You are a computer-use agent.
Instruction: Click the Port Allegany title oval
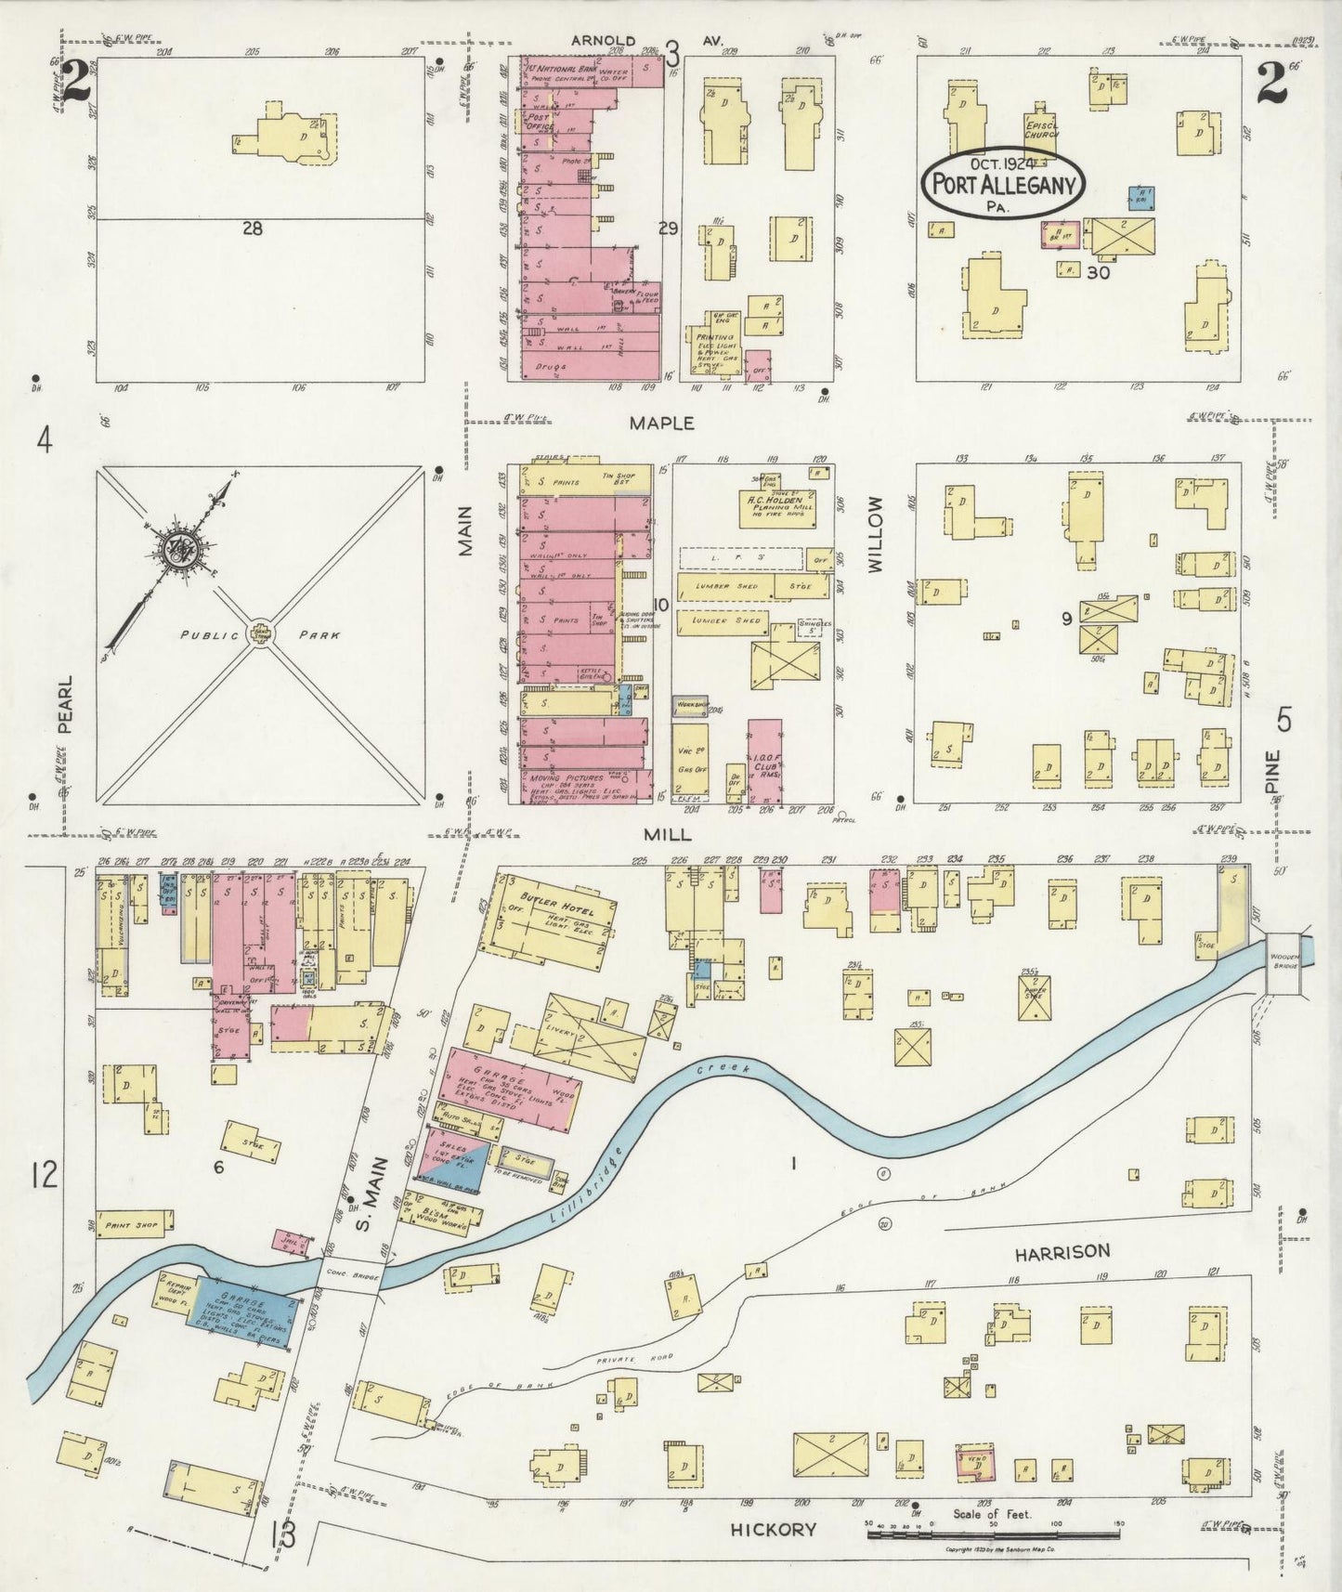[x=1002, y=183]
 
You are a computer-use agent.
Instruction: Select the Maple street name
[x=661, y=424]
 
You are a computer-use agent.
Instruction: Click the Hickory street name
[x=773, y=1529]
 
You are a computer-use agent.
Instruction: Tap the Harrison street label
[x=1062, y=1252]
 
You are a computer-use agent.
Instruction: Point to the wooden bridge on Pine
[x=1287, y=964]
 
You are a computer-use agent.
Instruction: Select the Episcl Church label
[x=1041, y=129]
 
